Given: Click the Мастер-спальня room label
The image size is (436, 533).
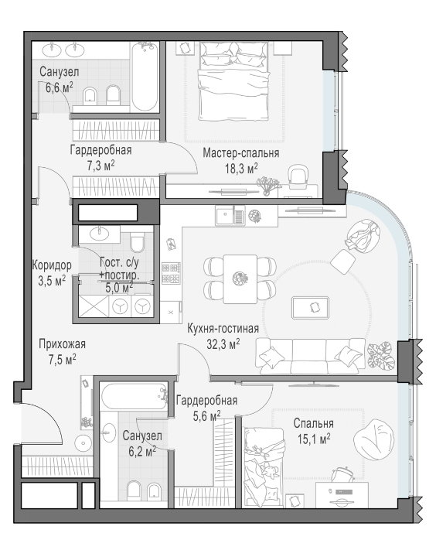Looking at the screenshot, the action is [x=241, y=153].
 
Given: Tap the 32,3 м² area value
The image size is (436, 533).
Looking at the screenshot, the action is [x=223, y=344].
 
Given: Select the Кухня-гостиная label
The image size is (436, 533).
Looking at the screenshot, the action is [x=223, y=329].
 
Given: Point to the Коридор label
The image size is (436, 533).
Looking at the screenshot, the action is [x=52, y=265].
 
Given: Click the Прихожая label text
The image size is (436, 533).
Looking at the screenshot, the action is [x=62, y=344].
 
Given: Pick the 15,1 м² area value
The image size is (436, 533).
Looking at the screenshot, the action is [x=314, y=439].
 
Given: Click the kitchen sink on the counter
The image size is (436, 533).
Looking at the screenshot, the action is [x=224, y=216].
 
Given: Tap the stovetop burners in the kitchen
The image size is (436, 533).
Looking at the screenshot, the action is [x=171, y=273].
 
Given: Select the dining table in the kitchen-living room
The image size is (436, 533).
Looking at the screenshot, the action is [x=240, y=278].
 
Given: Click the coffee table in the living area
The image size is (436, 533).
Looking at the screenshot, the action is [x=310, y=308].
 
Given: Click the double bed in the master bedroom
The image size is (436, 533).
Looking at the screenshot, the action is [x=234, y=80].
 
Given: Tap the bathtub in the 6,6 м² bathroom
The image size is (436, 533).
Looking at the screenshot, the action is [x=145, y=77].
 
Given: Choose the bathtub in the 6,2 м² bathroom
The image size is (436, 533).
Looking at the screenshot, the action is [x=135, y=397].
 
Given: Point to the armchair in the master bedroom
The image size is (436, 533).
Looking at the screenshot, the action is [x=298, y=176].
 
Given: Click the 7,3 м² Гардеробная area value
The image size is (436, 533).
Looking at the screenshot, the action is [x=100, y=166].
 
